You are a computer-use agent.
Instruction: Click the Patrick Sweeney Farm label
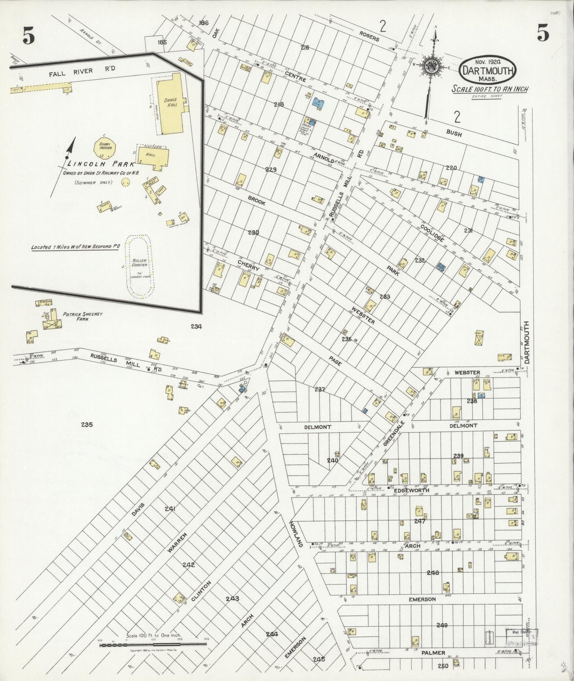pos(82,316)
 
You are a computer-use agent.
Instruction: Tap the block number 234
pos(196,327)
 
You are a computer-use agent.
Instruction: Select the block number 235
pos(87,424)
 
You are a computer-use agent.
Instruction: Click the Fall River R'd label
pos(82,71)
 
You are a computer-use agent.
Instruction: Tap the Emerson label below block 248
pos(422,599)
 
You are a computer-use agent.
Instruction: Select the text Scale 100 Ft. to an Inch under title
pos(490,89)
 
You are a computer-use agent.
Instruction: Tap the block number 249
pos(442,625)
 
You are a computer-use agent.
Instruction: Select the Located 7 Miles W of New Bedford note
pos(75,247)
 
